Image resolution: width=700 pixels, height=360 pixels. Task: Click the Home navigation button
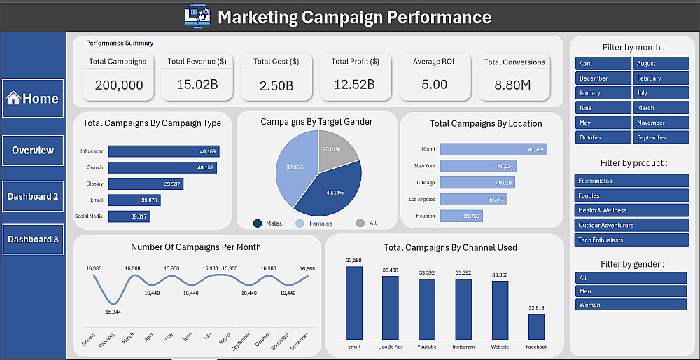[33, 99]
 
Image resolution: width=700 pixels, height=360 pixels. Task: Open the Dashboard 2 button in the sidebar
[33, 197]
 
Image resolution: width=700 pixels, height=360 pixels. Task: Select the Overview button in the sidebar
[33, 151]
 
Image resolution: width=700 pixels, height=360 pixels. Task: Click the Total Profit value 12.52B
[354, 85]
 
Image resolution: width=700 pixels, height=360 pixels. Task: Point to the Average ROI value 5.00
[435, 85]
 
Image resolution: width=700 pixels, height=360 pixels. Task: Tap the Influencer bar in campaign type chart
[164, 151]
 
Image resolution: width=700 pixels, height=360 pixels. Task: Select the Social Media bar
[129, 216]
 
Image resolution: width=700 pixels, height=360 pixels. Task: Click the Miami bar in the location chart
[493, 150]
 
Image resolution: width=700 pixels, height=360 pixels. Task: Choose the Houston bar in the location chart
[462, 216]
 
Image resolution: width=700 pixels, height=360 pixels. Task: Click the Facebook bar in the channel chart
[536, 326]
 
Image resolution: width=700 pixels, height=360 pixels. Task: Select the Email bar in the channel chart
[354, 303]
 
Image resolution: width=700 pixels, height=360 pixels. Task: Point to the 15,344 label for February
[113, 312]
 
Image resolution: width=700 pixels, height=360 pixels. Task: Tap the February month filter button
[661, 78]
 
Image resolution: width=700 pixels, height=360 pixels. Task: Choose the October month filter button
[603, 137]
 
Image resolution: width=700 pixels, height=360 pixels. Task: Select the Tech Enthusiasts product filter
[631, 240]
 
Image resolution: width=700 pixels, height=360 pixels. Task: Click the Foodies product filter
[631, 195]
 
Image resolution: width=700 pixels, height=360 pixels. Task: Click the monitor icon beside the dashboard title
[198, 16]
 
